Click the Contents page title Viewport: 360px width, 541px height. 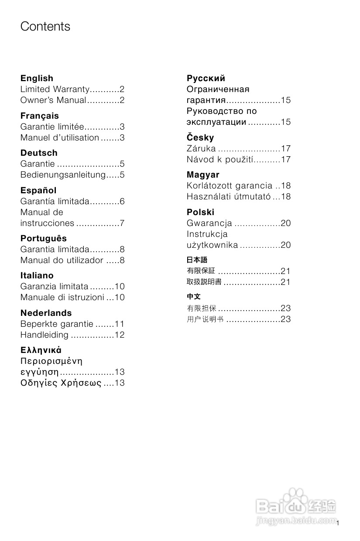(x=45, y=27)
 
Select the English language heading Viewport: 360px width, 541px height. (x=37, y=79)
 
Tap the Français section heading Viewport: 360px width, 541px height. (x=39, y=116)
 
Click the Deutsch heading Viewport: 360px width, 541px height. (x=39, y=153)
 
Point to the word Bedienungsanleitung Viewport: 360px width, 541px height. (x=63, y=175)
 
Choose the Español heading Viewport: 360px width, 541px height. (x=38, y=191)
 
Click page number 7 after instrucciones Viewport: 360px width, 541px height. (x=123, y=223)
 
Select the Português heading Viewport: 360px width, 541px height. (x=44, y=239)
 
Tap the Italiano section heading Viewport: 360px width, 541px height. (x=37, y=276)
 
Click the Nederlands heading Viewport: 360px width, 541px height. (x=46, y=313)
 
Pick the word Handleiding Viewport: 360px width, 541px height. (x=45, y=335)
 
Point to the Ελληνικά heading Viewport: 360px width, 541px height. (x=41, y=350)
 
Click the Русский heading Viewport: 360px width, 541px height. (x=206, y=79)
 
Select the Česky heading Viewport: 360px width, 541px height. (x=200, y=138)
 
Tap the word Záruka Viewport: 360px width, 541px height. (x=201, y=149)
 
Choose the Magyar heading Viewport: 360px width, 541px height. (x=203, y=175)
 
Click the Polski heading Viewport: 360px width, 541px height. (x=200, y=212)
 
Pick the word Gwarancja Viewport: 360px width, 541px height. (x=209, y=223)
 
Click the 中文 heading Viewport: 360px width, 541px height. (x=193, y=297)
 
